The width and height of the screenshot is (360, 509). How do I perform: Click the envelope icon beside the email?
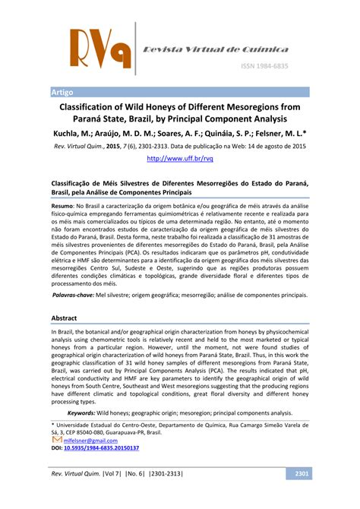pyautogui.click(x=57, y=439)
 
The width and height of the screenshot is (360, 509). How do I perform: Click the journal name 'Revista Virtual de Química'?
pyautogui.click(x=216, y=49)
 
